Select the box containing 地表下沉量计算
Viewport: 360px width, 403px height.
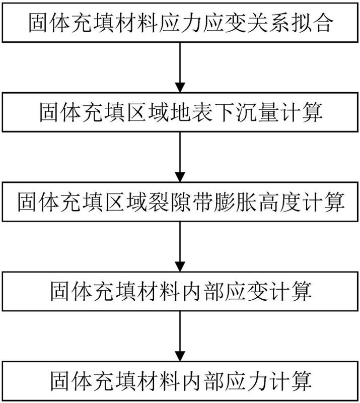click(x=180, y=112)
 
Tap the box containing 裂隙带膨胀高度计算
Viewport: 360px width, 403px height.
click(x=180, y=203)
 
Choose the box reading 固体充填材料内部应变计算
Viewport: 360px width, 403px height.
click(x=180, y=292)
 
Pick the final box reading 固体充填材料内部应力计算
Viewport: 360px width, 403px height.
click(x=180, y=379)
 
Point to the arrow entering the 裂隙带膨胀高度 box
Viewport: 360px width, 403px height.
click(x=180, y=157)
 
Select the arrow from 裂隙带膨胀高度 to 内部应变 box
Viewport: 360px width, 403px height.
click(x=180, y=247)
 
